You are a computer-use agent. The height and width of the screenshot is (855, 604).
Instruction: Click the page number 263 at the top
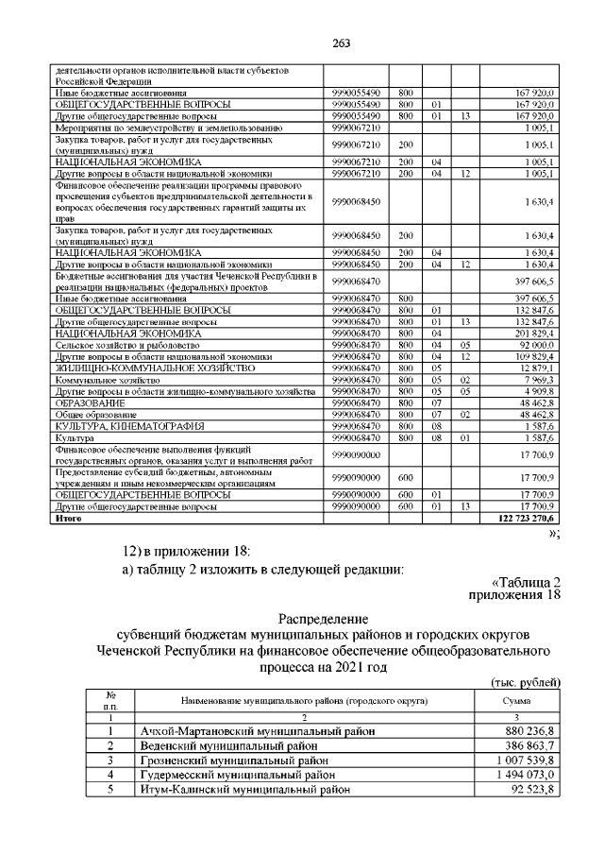(x=302, y=41)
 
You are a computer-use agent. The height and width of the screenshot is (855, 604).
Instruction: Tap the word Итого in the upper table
(x=69, y=519)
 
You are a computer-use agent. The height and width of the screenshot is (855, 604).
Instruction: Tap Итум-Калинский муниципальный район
(x=241, y=789)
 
